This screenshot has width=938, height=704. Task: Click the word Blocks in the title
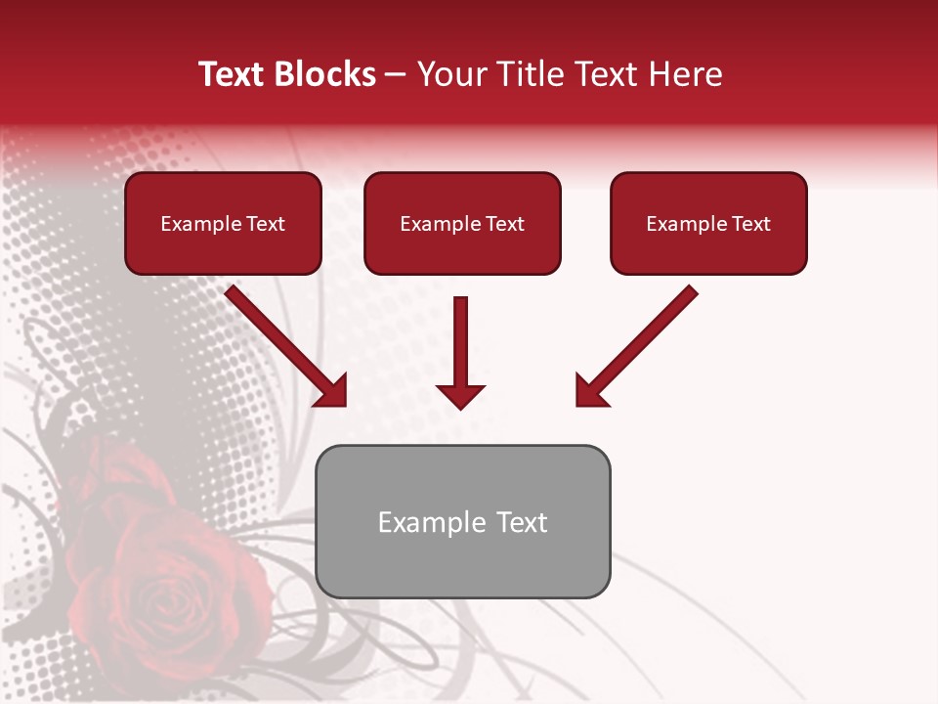324,74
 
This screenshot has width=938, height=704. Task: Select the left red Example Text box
223,223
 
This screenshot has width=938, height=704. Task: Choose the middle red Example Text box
462,223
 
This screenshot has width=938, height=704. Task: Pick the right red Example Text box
708,223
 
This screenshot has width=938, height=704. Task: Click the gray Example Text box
462,521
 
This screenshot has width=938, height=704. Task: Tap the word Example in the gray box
432,523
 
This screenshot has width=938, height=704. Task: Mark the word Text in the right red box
751,224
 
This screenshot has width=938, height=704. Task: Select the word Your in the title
451,74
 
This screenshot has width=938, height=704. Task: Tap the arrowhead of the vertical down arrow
460,395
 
